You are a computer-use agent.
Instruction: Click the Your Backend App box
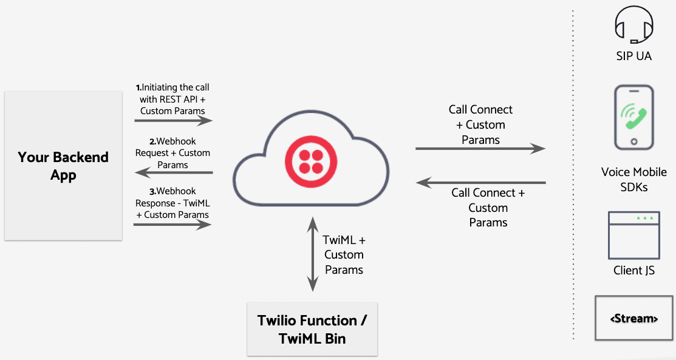(x=63, y=166)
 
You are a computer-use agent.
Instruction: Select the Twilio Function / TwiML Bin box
(x=312, y=329)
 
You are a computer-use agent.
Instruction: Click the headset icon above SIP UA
(x=633, y=24)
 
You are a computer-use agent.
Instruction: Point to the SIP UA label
(x=633, y=56)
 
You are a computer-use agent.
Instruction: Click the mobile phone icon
(x=633, y=117)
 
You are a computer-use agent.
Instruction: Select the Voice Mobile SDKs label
(x=633, y=180)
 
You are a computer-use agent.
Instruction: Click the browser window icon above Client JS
(x=633, y=235)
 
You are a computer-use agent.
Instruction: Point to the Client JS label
(x=633, y=270)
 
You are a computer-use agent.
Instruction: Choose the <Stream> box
(x=633, y=318)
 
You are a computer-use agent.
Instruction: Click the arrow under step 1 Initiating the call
(x=173, y=121)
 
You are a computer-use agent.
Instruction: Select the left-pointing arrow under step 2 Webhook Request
(x=173, y=173)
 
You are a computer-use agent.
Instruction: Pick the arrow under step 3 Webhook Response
(x=173, y=225)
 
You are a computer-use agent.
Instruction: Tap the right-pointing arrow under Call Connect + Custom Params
(x=480, y=148)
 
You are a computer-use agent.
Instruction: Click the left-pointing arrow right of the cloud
(x=480, y=182)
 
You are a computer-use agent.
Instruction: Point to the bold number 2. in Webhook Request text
(x=153, y=141)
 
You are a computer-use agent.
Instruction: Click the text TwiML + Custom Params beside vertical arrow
(x=344, y=254)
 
